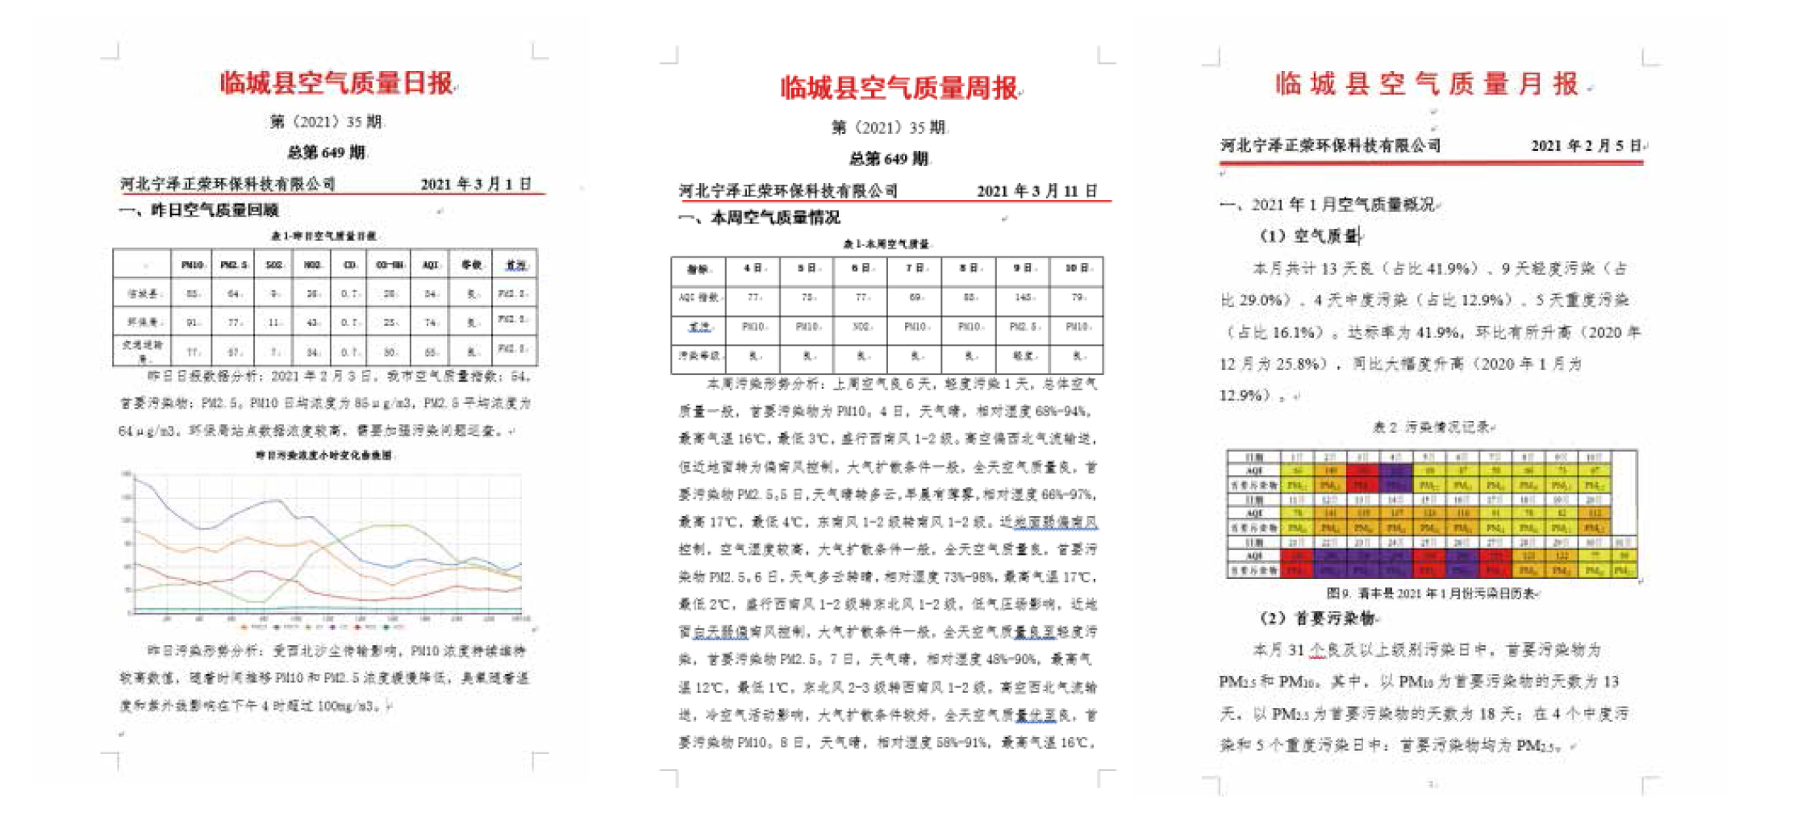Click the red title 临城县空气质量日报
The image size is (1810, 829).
click(336, 83)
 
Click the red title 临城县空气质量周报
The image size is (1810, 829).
click(899, 88)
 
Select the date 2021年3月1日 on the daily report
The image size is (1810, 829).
click(476, 184)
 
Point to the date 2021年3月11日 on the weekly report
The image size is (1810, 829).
click(1036, 191)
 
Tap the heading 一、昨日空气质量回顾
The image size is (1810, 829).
click(199, 210)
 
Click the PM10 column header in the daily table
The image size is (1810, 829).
click(192, 265)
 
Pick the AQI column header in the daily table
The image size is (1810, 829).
click(430, 265)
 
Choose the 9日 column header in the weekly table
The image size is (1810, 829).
click(1023, 269)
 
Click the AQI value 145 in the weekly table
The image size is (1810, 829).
click(1023, 298)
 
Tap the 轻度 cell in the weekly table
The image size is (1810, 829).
click(1023, 356)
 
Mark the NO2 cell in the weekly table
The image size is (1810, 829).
click(861, 327)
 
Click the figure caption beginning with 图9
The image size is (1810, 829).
click(1433, 594)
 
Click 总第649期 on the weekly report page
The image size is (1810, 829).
click(888, 159)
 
